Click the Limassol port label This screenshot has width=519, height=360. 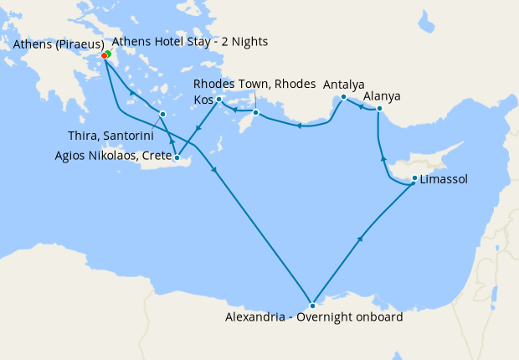(444, 179)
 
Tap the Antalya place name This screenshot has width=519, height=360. (344, 85)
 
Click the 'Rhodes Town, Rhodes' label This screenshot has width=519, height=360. (254, 85)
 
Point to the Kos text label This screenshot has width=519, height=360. (203, 100)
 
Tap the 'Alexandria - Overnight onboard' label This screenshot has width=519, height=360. (314, 317)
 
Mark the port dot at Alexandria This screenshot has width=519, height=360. (312, 306)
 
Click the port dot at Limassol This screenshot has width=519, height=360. (415, 178)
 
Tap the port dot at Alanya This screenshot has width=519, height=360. (379, 109)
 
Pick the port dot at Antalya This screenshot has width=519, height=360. (344, 98)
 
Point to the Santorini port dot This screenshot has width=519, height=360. (162, 114)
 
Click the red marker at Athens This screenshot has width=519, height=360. (104, 55)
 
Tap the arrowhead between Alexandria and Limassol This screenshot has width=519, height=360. (361, 239)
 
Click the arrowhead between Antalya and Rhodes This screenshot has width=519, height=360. (297, 126)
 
